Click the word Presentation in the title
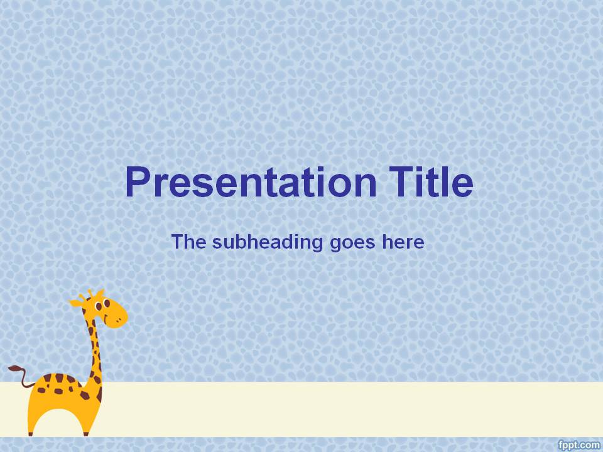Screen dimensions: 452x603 point(251,182)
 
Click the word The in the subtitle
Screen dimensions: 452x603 point(188,242)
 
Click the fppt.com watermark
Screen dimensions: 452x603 point(579,444)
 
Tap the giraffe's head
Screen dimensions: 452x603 point(107,311)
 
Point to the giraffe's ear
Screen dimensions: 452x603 point(76,303)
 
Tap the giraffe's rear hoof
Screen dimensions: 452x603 point(31,433)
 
